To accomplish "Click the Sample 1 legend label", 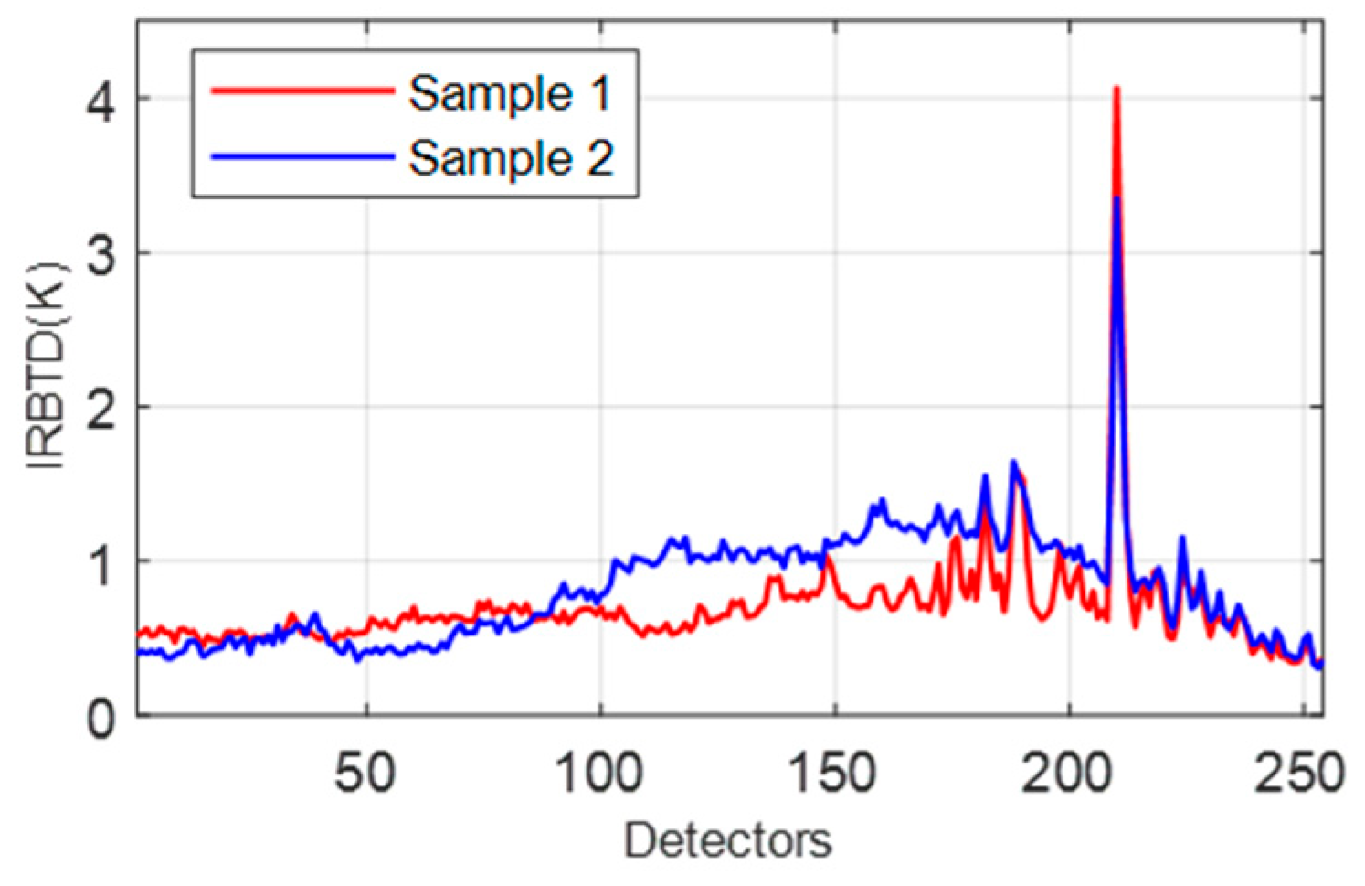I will coord(509,93).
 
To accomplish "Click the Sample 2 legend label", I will coord(509,157).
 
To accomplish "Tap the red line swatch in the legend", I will coord(302,91).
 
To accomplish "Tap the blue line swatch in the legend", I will coord(302,156).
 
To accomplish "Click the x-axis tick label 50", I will coord(365,772).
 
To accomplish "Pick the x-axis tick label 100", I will coord(599,772).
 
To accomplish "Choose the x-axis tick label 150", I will coord(833,772).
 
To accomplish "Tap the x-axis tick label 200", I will coord(1067,772).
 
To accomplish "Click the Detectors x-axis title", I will coord(728,839).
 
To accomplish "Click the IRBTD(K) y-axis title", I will coord(48,366).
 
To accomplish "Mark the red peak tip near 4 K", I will coord(1116,89).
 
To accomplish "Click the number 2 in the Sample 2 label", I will coord(599,157).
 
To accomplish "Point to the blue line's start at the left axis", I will coord(140,652).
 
